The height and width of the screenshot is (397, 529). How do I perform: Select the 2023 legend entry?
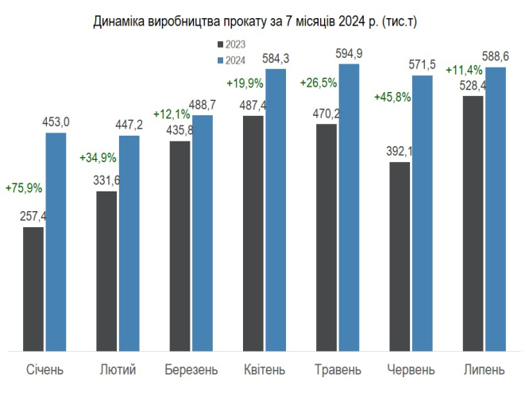tap(231, 44)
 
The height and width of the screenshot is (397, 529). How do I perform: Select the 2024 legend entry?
tap(231, 60)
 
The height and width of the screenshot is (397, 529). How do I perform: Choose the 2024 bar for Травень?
tap(349, 206)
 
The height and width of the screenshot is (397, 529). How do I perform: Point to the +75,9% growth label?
tap(24, 189)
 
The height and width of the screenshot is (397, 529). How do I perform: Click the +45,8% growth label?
tap(392, 98)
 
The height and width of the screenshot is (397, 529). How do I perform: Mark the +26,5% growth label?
tap(318, 82)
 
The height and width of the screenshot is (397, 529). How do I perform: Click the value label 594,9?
tap(349, 54)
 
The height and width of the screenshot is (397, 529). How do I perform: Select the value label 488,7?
tap(203, 106)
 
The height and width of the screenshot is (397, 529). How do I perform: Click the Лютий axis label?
tap(118, 370)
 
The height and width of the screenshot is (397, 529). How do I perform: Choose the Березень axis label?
tap(191, 370)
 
